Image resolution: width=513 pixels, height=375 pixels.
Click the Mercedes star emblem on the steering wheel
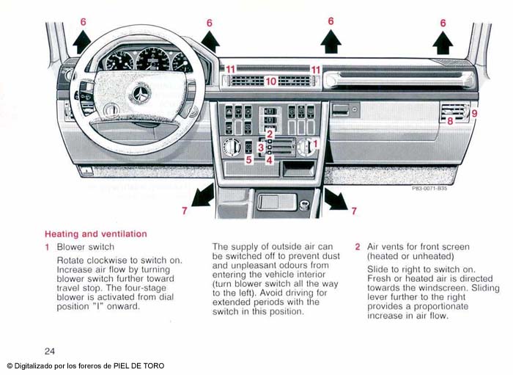(x=139, y=93)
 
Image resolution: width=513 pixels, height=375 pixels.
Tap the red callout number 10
(x=270, y=81)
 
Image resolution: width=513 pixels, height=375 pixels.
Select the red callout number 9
(x=474, y=114)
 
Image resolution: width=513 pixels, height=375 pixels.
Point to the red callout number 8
(x=450, y=121)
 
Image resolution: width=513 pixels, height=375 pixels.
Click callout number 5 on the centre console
(x=248, y=159)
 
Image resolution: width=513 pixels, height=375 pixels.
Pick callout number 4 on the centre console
(x=269, y=159)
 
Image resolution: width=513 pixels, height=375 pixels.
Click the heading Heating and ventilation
(x=96, y=234)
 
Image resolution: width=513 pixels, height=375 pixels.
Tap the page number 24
(x=49, y=351)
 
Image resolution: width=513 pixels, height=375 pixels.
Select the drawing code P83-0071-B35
(x=429, y=189)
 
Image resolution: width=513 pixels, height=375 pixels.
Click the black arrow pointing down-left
(x=203, y=195)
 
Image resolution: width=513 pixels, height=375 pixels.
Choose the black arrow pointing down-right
(x=335, y=198)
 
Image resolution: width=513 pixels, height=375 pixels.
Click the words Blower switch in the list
(x=86, y=247)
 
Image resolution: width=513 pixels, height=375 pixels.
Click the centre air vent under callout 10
(x=270, y=81)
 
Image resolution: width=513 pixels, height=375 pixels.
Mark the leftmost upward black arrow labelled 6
(x=82, y=42)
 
